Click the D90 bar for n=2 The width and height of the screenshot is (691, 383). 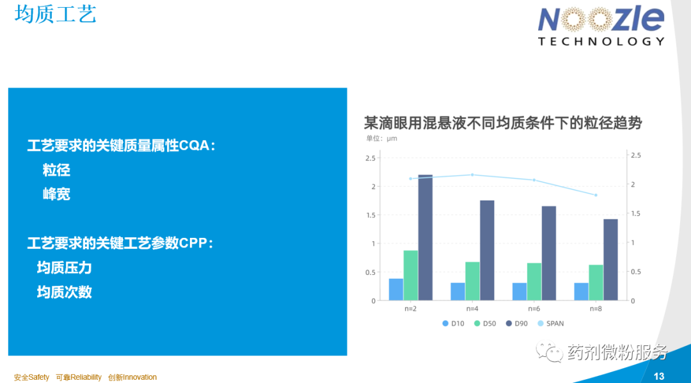[425, 238]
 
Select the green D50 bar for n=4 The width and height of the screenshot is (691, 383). [472, 281]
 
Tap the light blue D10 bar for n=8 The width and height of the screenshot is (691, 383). [581, 292]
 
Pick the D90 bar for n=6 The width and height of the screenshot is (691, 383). [549, 253]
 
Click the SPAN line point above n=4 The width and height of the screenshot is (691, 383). [472, 175]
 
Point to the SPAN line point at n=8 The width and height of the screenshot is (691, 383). [596, 195]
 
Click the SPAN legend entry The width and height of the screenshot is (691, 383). [551, 324]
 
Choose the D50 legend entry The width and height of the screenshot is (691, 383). [485, 324]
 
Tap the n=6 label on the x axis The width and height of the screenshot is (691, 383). [534, 309]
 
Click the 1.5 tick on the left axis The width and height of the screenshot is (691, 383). [370, 215]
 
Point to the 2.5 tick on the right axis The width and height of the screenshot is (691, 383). [636, 155]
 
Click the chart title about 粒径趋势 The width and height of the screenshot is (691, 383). [503, 123]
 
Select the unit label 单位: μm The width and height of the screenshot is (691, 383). [381, 138]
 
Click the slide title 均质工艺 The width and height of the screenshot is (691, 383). [55, 14]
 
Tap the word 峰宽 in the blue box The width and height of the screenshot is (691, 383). [56, 194]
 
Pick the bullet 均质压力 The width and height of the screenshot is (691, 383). [65, 268]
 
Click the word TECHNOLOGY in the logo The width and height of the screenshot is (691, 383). [601, 42]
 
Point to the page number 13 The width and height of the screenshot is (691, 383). [659, 377]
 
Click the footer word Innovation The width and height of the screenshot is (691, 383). [139, 377]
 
